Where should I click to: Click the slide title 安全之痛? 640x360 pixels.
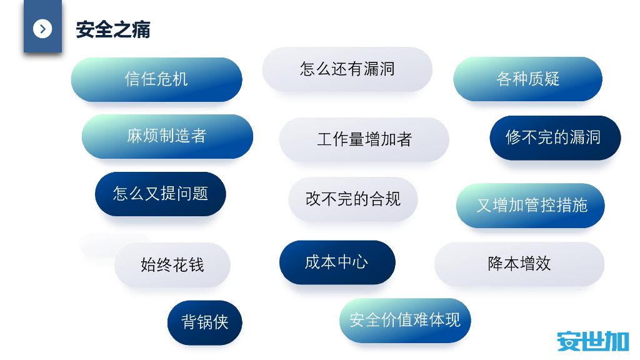[113, 29]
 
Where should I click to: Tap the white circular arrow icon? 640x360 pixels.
[42, 28]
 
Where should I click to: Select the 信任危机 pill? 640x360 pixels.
[156, 79]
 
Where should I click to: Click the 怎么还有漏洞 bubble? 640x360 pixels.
[347, 69]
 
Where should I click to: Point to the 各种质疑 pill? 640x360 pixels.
[527, 79]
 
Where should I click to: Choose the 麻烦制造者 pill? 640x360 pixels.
[167, 136]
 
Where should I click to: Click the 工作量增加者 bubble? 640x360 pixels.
[364, 139]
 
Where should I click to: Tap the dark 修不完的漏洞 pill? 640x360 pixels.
[555, 137]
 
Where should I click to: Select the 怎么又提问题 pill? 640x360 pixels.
[160, 194]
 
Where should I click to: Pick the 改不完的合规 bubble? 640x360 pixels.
[352, 199]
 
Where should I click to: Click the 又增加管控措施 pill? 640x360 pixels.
[531, 205]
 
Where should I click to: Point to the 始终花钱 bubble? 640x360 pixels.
[172, 264]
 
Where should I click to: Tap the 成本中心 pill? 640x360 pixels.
[337, 262]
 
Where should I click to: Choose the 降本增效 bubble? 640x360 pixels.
[519, 263]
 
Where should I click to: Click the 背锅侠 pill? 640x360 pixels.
[204, 322]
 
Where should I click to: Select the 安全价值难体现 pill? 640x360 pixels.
[405, 320]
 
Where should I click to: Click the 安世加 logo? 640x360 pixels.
[592, 341]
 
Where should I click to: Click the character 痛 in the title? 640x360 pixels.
[141, 29]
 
